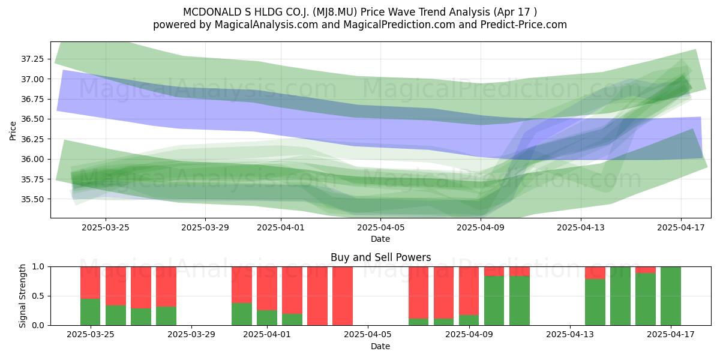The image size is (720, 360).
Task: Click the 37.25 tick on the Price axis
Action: tap(32, 59)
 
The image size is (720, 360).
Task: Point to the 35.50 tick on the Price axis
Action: tap(32, 199)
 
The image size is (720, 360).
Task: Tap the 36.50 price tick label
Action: tap(32, 119)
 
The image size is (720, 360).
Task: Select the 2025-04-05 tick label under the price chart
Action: tap(380, 227)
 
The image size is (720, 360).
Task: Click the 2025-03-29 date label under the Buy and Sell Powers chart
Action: tap(191, 334)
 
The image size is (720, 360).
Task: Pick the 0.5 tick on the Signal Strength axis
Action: tap(38, 296)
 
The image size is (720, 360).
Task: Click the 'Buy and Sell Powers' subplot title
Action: tap(380, 257)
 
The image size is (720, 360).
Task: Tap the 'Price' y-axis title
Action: tap(13, 131)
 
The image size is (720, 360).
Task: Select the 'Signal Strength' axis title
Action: tap(22, 296)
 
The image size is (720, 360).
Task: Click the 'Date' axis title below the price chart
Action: tap(380, 239)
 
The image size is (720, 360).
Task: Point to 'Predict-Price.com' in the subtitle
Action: tap(524, 25)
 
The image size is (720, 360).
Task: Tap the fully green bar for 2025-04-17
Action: tap(671, 296)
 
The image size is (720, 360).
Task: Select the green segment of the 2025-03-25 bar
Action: tap(91, 312)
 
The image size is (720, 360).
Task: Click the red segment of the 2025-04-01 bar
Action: tap(267, 289)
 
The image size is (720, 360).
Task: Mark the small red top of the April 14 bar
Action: tap(595, 273)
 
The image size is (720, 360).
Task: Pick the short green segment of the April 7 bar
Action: tap(419, 322)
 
